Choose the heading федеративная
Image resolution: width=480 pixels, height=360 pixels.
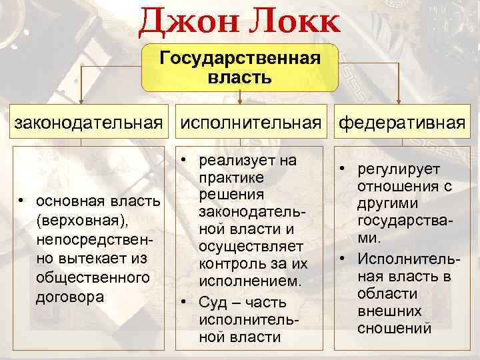click(x=402, y=123)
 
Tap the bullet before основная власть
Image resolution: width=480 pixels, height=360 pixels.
click(x=22, y=201)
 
